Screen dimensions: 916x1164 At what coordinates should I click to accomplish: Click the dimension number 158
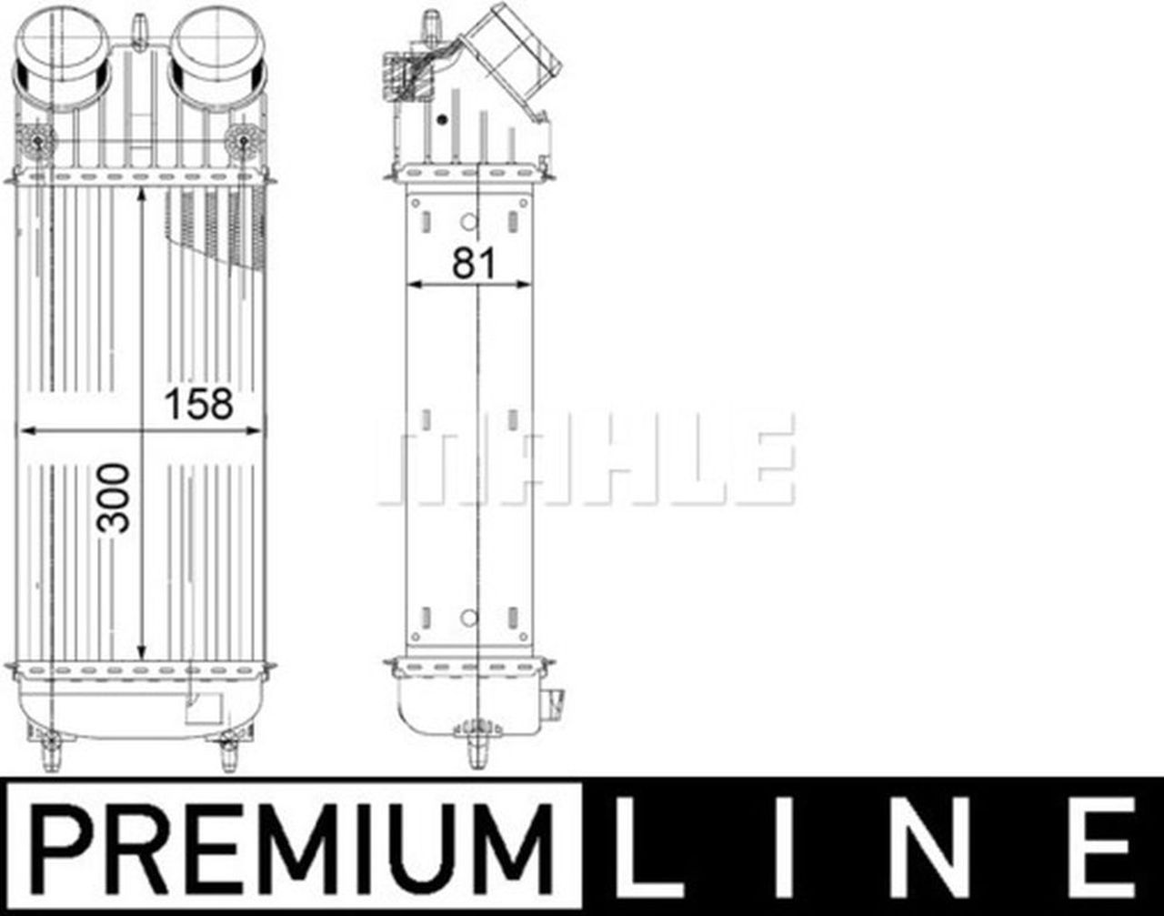tap(198, 404)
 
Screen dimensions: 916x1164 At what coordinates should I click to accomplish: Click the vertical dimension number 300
tap(115, 498)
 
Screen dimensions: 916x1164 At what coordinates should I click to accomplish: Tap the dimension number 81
tap(474, 264)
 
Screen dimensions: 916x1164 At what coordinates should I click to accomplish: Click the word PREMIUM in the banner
tap(292, 847)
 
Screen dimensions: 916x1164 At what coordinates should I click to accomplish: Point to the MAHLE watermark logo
tap(587, 459)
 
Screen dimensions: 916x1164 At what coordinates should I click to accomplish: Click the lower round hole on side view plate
tap(468, 618)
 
